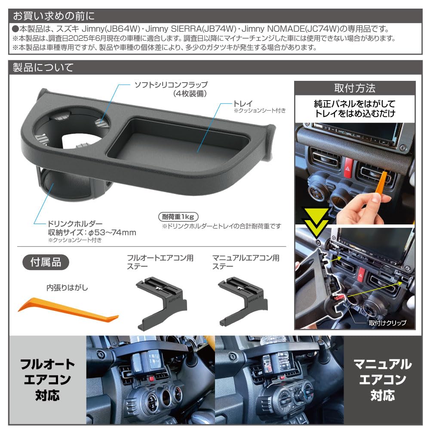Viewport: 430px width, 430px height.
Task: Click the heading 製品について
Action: point(43,68)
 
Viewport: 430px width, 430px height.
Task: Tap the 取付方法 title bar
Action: point(355,89)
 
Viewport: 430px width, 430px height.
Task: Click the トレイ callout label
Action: point(243,103)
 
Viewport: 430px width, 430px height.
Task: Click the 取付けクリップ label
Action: point(386,322)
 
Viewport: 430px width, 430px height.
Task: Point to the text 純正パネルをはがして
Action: point(355,104)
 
